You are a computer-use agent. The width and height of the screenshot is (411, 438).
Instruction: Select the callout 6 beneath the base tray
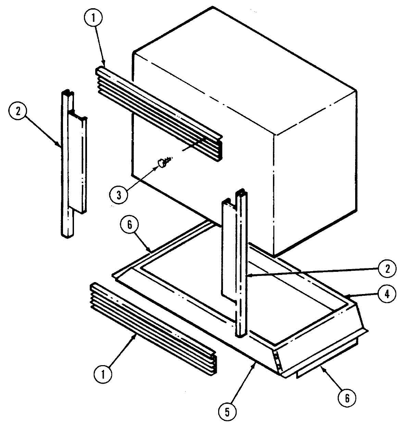(348, 398)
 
